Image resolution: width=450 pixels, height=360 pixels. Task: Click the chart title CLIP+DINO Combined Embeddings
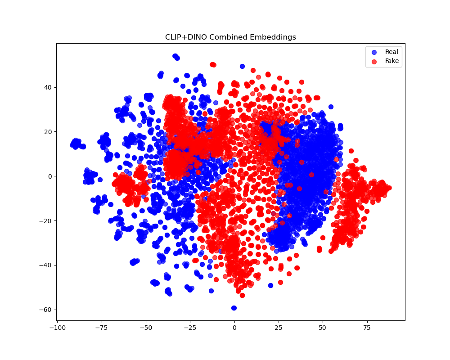(230, 37)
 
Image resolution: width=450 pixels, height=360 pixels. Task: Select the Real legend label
(391, 52)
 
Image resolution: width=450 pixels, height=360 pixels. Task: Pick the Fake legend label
(392, 61)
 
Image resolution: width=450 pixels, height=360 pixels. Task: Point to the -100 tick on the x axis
(58, 327)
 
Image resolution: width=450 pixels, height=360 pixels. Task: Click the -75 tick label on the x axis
(102, 327)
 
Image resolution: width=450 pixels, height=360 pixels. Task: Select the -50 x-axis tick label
(146, 327)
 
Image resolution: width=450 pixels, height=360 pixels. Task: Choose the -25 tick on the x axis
(190, 327)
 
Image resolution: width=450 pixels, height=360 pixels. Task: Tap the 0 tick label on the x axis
(234, 327)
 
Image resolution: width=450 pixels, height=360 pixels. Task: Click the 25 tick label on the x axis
(279, 327)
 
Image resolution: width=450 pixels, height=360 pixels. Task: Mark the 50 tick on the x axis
(323, 327)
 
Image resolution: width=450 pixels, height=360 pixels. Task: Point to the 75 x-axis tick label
(367, 327)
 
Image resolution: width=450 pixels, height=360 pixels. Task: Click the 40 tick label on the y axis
(48, 87)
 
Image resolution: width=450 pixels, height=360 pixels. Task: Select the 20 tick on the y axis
(48, 132)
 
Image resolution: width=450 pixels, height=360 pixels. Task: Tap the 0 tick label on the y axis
(49, 176)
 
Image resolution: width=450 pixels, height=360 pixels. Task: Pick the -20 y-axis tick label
(46, 220)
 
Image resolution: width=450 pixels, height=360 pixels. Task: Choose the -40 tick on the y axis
(46, 265)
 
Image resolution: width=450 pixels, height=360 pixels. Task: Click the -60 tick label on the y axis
(46, 310)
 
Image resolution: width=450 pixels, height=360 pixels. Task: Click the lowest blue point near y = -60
(234, 308)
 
